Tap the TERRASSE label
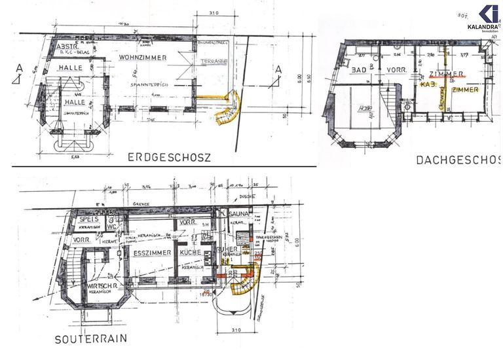(214, 60)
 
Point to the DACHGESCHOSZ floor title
(458, 160)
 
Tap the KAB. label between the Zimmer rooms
(428, 84)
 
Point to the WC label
(112, 228)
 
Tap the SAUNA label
(239, 213)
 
